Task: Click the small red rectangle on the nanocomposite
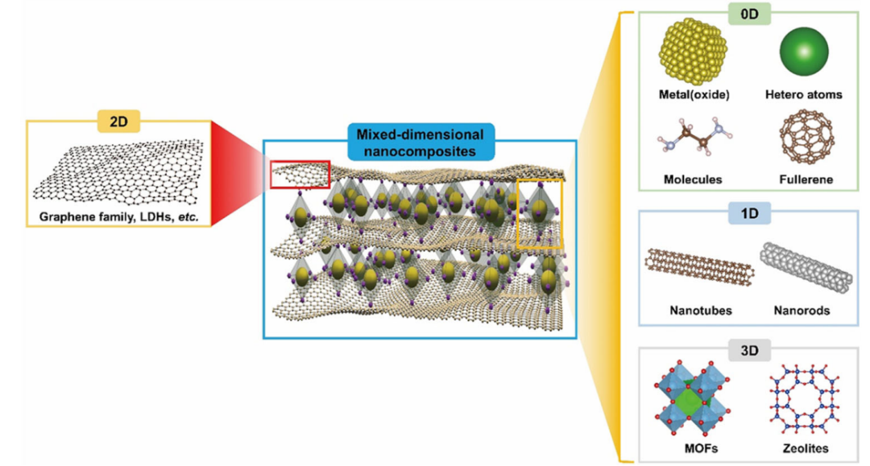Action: coord(300,174)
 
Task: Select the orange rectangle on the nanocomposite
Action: coord(539,212)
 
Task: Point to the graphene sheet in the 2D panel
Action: coord(121,171)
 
